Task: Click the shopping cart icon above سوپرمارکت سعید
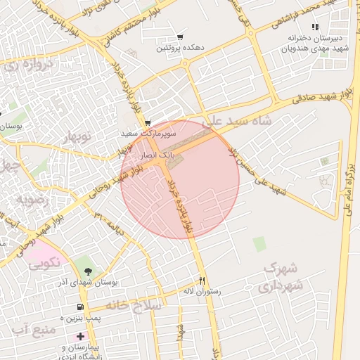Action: [148, 122]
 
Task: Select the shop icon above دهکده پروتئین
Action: [181, 37]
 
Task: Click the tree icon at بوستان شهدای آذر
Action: [88, 271]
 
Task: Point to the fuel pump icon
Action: [80, 307]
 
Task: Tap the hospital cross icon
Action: [80, 337]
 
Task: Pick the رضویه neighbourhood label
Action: [32, 199]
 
